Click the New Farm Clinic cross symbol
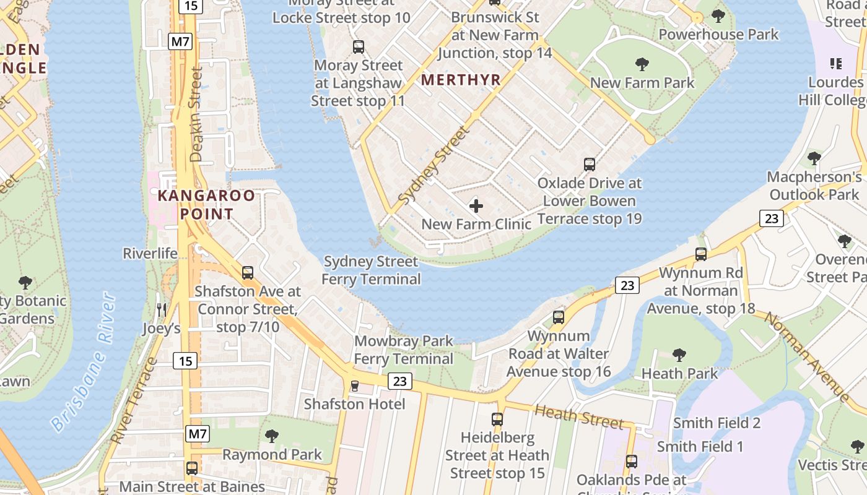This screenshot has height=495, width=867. click(476, 205)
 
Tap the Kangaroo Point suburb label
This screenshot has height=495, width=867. click(206, 205)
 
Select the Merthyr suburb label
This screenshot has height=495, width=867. click(460, 80)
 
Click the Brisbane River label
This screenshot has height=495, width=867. click(84, 362)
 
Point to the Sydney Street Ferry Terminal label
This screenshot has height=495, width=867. click(371, 270)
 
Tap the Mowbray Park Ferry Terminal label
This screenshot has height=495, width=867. click(404, 350)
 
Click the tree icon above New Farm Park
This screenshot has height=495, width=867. click(642, 64)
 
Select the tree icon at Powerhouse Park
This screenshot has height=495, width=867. click(718, 15)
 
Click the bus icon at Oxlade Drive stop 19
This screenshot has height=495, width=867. click(590, 165)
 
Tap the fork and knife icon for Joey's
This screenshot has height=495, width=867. click(162, 309)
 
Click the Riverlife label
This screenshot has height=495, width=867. click(150, 253)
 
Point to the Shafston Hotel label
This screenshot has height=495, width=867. click(354, 404)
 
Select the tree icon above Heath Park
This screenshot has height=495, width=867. click(679, 355)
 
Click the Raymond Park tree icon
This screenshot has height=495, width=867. click(272, 436)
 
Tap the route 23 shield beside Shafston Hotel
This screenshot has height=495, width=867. click(399, 381)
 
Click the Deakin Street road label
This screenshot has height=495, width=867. click(197, 115)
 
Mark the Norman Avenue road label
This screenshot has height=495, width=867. click(807, 357)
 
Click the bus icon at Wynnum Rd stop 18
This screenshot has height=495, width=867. click(701, 254)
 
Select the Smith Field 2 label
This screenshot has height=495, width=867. click(717, 423)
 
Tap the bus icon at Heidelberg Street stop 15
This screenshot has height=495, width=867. click(497, 420)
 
